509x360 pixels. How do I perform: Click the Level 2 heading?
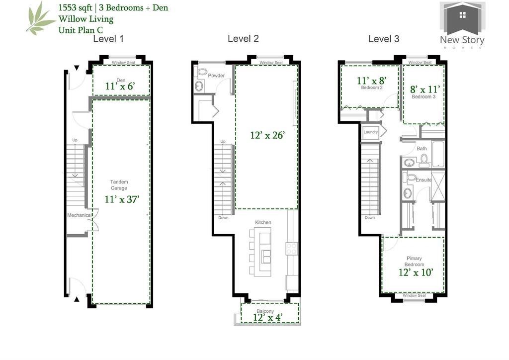coord(243,39)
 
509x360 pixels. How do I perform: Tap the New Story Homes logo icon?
coord(462,18)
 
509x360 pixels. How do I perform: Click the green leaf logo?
coord(40,18)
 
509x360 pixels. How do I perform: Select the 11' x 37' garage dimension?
coord(122,199)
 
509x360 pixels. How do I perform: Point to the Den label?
coord(121,80)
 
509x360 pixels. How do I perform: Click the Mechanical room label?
coord(79,215)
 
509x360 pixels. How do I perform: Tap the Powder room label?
coord(216,75)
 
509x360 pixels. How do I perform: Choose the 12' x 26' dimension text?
coord(267,135)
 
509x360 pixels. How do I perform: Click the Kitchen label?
coord(263,222)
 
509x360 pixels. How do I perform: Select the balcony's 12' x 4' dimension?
coord(268,317)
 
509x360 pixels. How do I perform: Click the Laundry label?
coord(371,132)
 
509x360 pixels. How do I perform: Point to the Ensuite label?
coord(424,180)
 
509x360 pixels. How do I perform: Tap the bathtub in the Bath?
coord(438,154)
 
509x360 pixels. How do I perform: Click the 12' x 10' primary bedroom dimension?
coord(416,272)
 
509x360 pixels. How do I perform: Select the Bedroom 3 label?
coord(424,97)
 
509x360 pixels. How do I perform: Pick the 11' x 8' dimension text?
coord(372,81)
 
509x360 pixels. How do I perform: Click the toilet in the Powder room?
coord(202,72)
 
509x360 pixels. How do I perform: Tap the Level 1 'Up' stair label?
coord(75,140)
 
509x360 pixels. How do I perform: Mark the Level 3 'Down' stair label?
coord(370,217)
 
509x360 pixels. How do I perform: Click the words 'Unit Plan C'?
coord(81,30)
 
